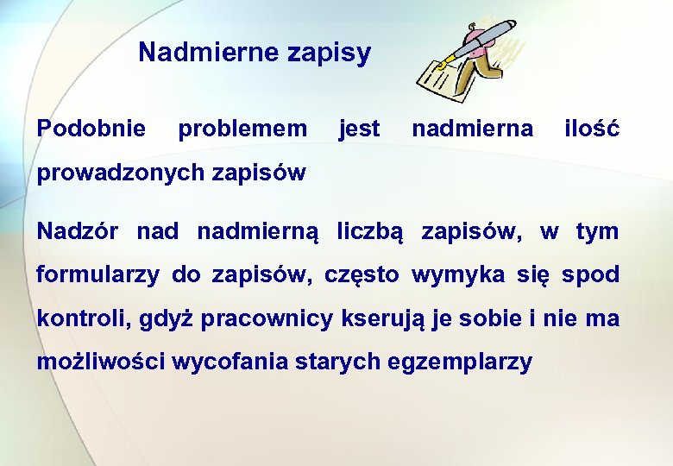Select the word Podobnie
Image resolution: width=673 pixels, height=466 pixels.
pyautogui.click(x=91, y=129)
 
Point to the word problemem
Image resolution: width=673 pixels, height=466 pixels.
pyautogui.click(x=242, y=129)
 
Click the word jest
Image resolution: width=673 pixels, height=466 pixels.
pyautogui.click(x=359, y=129)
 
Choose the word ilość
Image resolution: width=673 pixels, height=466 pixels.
pyautogui.click(x=591, y=129)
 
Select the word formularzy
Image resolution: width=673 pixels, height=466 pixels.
pyautogui.click(x=97, y=275)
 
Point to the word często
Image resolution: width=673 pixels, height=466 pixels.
pyautogui.click(x=362, y=276)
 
